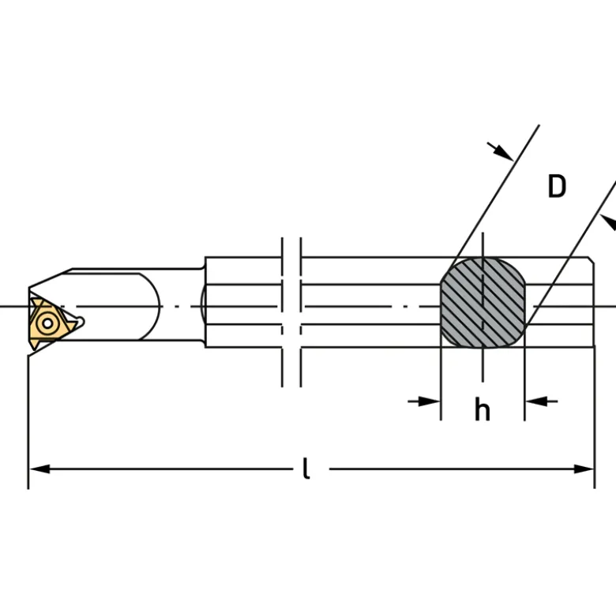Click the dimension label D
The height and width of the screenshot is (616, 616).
557,186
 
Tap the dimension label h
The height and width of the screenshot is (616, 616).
483,409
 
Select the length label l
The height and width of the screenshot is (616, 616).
306,468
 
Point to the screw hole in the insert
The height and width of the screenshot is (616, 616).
47,323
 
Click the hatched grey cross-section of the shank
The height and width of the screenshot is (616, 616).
483,303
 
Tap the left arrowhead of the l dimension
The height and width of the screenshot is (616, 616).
39,469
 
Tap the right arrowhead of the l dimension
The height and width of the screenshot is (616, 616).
584,469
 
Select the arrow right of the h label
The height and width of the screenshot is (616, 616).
541,401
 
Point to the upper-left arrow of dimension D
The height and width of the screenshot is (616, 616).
501,151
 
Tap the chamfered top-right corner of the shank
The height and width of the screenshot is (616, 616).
592,260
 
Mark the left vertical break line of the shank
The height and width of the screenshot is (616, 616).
282,312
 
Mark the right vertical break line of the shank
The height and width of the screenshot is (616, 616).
301,312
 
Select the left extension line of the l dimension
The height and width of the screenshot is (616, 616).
28,422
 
